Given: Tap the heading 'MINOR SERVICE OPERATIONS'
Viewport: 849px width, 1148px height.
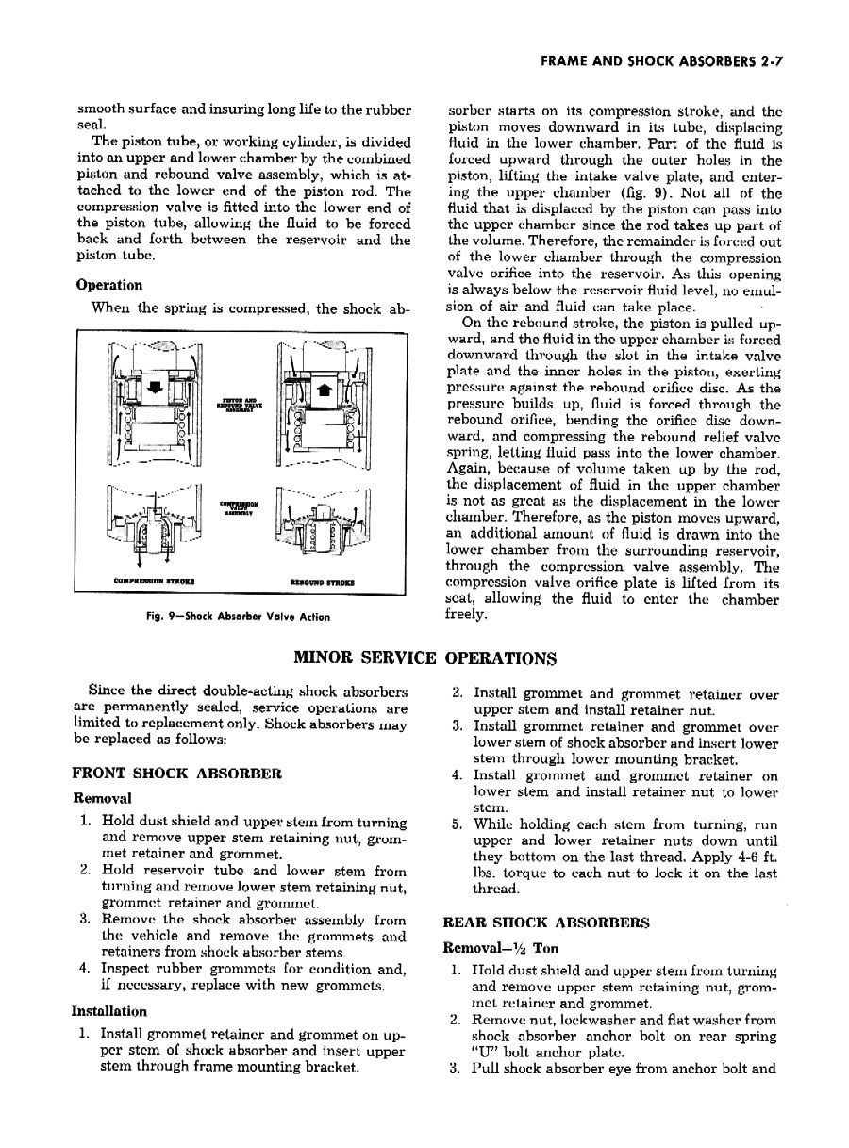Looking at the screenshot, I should tap(424, 657).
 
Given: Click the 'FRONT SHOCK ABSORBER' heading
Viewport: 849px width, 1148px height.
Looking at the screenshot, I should tap(176, 774).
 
